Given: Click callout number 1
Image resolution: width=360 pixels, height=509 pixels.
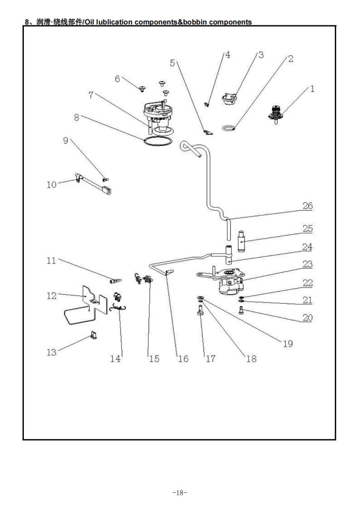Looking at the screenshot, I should point(312,89).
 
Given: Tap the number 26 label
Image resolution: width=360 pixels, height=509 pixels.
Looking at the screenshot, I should point(307,205).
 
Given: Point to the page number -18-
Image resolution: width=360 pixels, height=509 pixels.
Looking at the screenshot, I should point(180,493).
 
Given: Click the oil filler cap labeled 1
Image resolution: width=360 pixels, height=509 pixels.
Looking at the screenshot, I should point(275,114).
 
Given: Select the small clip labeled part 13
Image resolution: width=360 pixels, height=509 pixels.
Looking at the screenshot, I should point(92,337).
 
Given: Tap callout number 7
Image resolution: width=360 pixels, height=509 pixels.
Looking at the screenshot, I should point(92,95).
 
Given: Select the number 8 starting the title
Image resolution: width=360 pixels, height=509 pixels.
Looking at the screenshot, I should point(27,22).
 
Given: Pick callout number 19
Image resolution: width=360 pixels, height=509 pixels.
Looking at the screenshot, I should point(288,343).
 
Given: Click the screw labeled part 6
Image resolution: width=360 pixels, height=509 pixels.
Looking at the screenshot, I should point(143,88).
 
